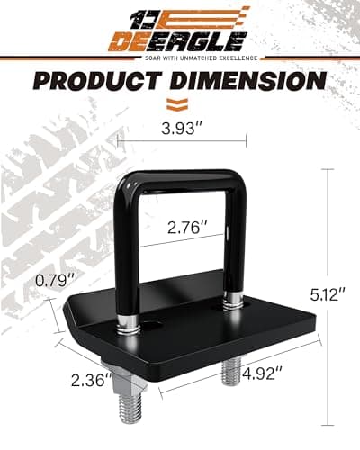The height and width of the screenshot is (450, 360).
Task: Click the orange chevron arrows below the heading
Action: point(180,102)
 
